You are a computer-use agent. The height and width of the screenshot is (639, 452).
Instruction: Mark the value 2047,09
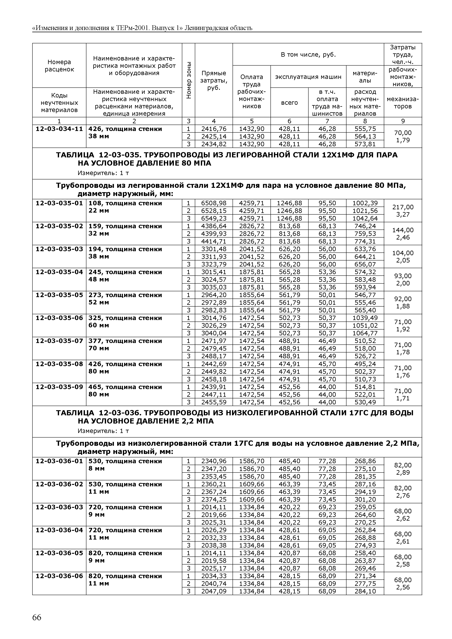pos(214,591)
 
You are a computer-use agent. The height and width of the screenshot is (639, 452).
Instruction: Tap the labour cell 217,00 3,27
pos(403,211)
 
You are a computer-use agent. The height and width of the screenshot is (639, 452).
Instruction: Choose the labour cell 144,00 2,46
pos(403,234)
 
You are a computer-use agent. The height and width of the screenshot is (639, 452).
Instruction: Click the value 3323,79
pos(214,264)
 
